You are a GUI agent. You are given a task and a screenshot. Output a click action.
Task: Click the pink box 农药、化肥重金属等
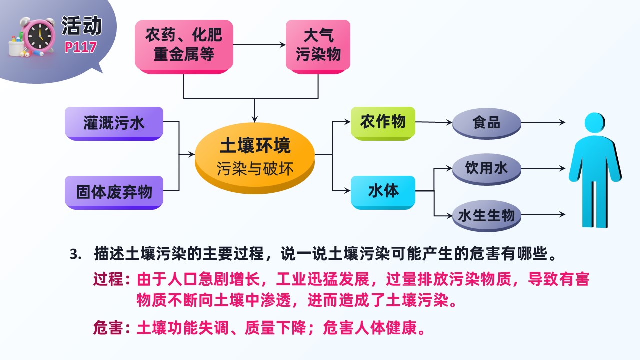click(184, 47)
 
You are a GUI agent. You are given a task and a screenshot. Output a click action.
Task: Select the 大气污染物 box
click(318, 47)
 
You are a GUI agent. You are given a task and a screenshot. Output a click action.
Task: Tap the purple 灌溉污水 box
click(114, 123)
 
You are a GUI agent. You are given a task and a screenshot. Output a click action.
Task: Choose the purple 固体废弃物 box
click(114, 192)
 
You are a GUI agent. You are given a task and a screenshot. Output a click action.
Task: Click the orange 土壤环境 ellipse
click(255, 158)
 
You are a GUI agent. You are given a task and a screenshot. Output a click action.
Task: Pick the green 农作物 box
click(383, 123)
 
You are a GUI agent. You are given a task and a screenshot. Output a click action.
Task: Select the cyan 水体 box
click(383, 192)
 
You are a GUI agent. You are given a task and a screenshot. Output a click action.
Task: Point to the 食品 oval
click(487, 123)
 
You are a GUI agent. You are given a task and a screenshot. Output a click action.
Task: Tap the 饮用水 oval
click(487, 169)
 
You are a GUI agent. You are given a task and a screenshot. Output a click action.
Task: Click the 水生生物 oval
click(487, 216)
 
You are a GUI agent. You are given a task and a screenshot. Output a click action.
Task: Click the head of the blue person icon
click(595, 123)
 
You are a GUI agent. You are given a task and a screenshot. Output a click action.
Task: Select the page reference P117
click(81, 47)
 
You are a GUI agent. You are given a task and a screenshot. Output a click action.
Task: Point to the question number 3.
click(75, 254)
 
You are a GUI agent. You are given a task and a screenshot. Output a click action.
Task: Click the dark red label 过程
click(108, 279)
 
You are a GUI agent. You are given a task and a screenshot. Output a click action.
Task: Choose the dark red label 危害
click(108, 327)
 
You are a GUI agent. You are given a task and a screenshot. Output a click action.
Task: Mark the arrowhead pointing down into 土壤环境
click(255, 119)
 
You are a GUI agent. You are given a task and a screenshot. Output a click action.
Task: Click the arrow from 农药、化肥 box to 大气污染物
click(259, 45)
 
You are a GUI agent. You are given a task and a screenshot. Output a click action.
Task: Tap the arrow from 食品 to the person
click(543, 122)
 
